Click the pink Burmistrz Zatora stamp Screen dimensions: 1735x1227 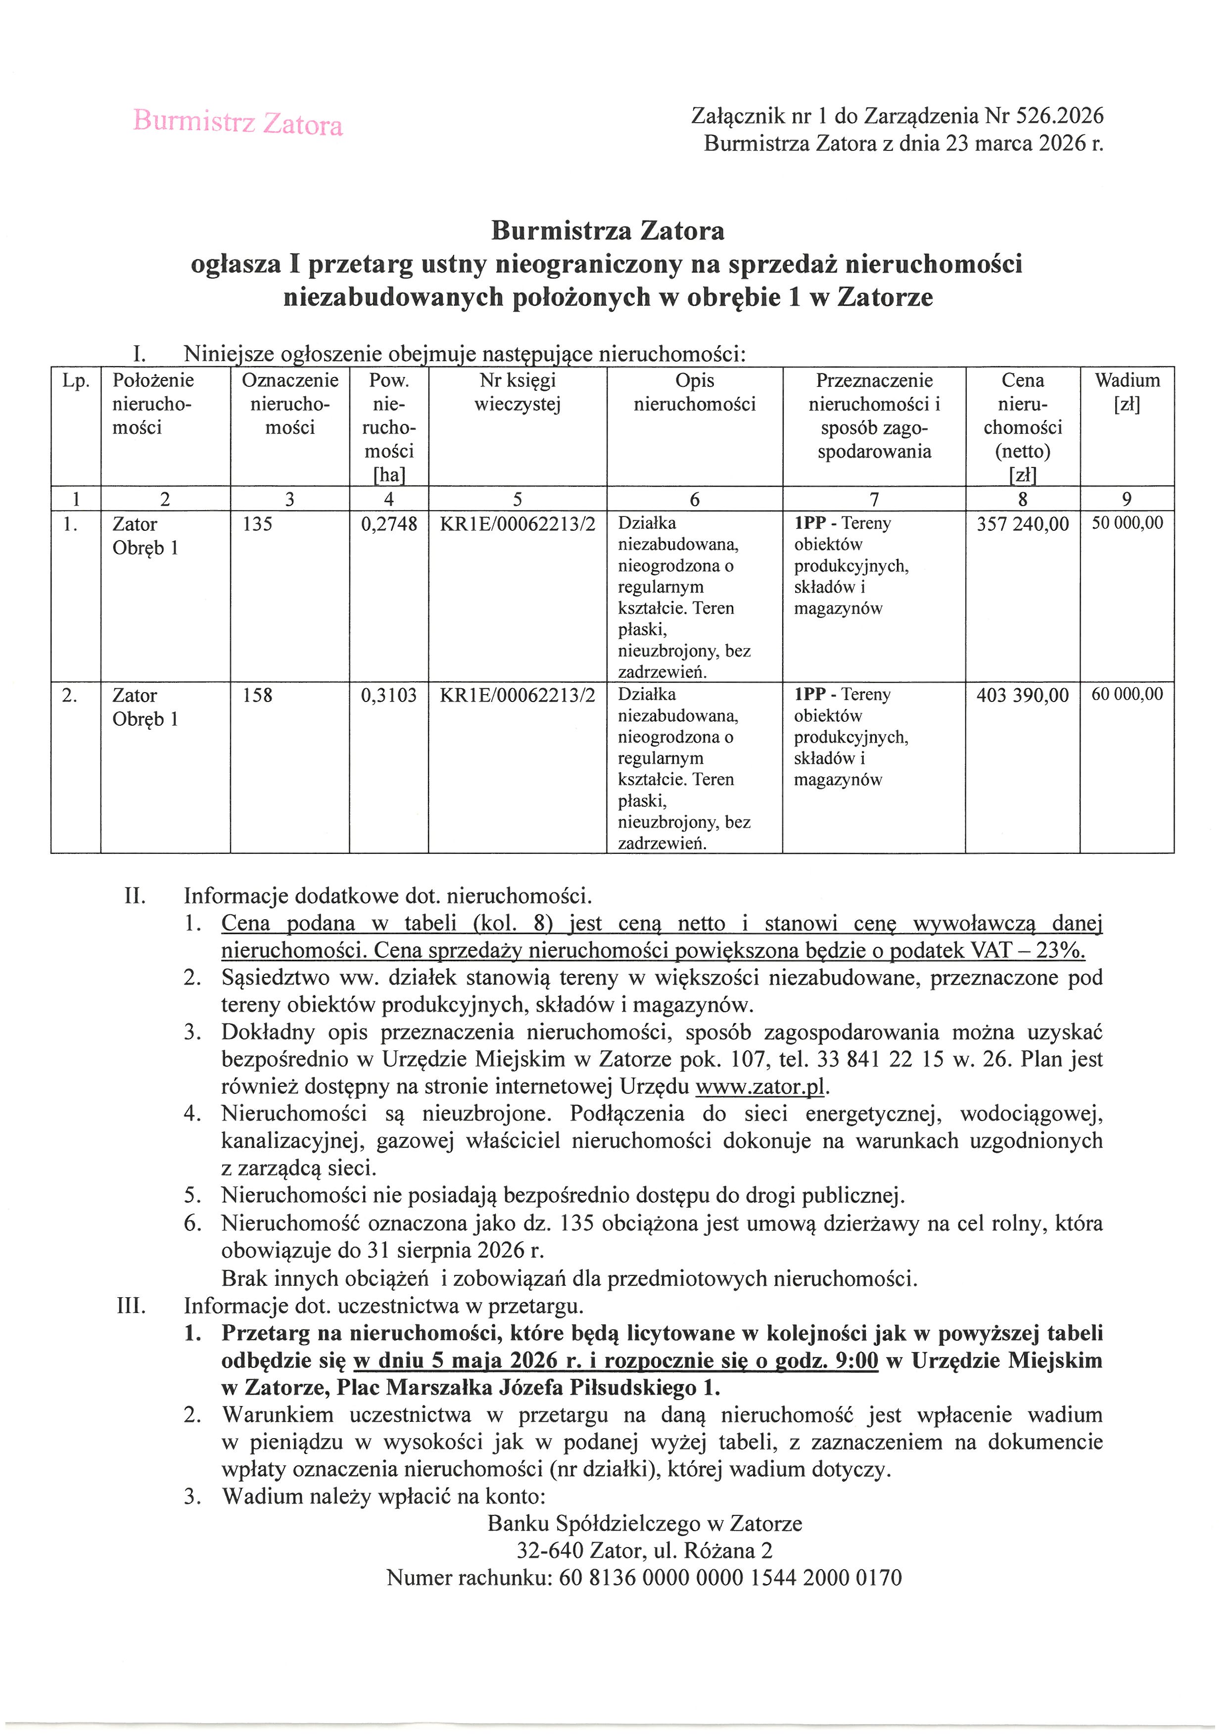[x=238, y=122]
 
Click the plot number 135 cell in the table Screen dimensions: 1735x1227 [x=258, y=524]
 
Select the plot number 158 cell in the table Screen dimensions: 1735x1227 [x=258, y=695]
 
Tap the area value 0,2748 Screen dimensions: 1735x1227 [x=389, y=524]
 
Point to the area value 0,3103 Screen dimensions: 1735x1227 [x=389, y=695]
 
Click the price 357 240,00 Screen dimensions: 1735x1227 [x=1022, y=524]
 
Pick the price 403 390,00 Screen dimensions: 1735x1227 [x=1022, y=695]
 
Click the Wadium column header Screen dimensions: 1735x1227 [x=1127, y=392]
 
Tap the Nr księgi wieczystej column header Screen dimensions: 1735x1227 [x=518, y=392]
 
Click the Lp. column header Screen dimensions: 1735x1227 [x=76, y=381]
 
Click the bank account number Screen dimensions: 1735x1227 [x=730, y=1578]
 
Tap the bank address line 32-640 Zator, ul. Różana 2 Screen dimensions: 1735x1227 [x=645, y=1550]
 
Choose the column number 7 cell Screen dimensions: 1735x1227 [x=874, y=499]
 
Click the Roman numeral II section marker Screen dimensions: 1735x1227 [x=135, y=896]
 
